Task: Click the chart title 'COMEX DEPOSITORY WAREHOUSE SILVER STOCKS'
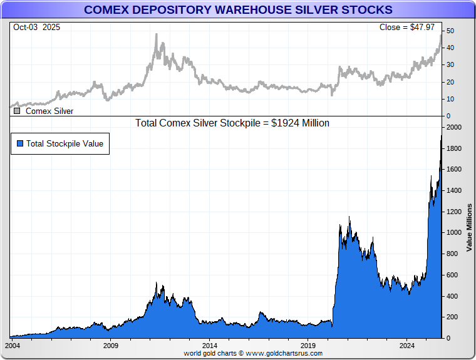(x=238, y=10)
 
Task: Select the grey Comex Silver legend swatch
(x=17, y=111)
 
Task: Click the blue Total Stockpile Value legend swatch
(x=20, y=143)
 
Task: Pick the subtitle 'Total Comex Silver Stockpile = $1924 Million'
(x=232, y=123)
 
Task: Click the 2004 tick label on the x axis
(x=13, y=346)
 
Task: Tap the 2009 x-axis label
(x=111, y=346)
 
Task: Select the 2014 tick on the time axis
(x=210, y=346)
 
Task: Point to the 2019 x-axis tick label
(x=308, y=346)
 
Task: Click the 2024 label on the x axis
(x=407, y=346)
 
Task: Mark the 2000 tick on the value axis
(x=455, y=128)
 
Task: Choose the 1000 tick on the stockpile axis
(x=455, y=233)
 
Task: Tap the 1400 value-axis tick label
(x=455, y=191)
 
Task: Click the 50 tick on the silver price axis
(x=450, y=31)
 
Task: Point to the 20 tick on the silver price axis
(x=450, y=82)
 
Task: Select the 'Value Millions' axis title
(x=469, y=227)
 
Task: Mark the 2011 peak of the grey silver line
(x=156, y=34)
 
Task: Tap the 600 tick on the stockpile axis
(x=453, y=275)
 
